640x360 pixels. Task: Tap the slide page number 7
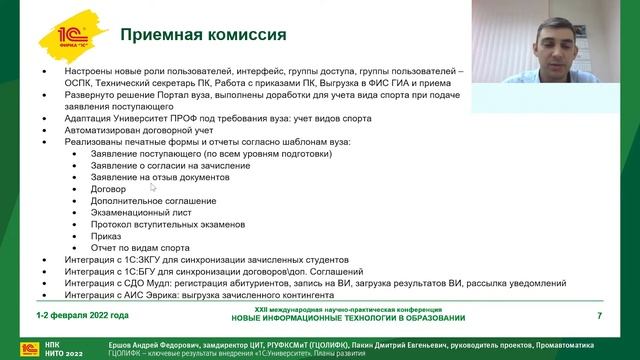(x=599, y=317)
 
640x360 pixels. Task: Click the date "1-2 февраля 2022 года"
(x=82, y=317)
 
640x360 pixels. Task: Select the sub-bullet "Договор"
(x=107, y=189)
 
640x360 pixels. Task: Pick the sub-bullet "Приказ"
(x=105, y=236)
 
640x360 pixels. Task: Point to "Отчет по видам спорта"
(x=139, y=248)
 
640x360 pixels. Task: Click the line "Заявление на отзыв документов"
(x=161, y=177)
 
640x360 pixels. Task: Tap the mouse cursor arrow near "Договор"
(x=153, y=187)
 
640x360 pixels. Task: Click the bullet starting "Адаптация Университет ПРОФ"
(x=219, y=119)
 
